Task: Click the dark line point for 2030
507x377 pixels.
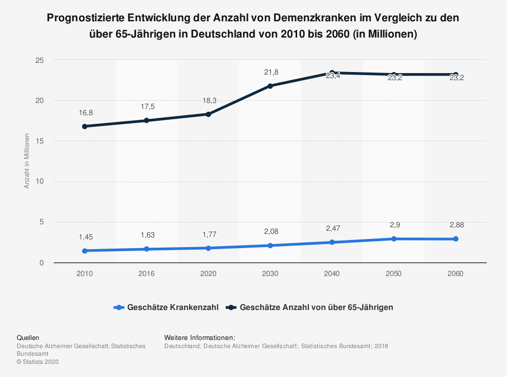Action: pyautogui.click(x=270, y=86)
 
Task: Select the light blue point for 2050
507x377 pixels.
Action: pyautogui.click(x=394, y=238)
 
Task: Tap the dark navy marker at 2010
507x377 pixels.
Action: pyautogui.click(x=85, y=126)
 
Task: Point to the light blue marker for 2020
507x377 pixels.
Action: pyautogui.click(x=208, y=248)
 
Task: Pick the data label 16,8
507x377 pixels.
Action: pyautogui.click(x=85, y=113)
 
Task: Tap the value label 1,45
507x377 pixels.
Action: pyautogui.click(x=85, y=237)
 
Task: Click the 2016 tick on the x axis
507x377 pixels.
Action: pyautogui.click(x=147, y=273)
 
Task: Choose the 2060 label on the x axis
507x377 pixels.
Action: pyautogui.click(x=455, y=273)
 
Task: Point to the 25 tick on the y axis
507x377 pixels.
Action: pyautogui.click(x=40, y=60)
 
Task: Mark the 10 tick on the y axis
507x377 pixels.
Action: pyautogui.click(x=40, y=182)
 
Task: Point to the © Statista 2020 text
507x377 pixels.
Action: pyautogui.click(x=38, y=362)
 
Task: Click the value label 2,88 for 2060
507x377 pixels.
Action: pyautogui.click(x=456, y=225)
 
